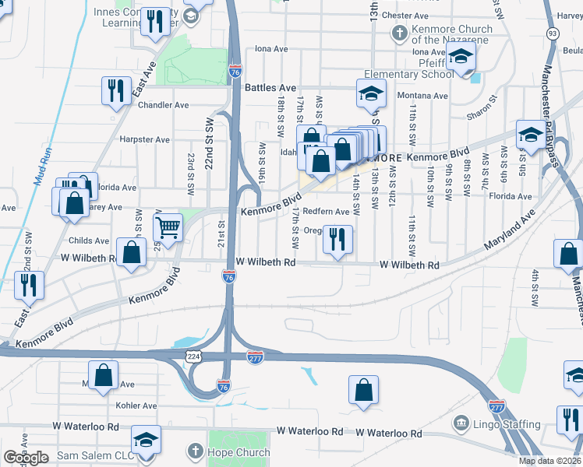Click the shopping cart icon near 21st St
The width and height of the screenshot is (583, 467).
tap(168, 227)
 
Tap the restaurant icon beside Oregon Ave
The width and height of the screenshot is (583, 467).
tap(337, 239)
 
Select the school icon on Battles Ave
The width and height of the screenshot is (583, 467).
tap(372, 93)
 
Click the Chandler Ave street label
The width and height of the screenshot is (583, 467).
tap(164, 105)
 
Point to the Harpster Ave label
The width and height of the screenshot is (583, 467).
tap(145, 140)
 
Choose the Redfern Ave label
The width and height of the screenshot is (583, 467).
tap(326, 212)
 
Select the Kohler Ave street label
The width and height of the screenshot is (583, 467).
tap(136, 406)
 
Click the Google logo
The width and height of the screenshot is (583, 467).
tap(26, 458)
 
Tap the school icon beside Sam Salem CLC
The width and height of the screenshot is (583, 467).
tap(146, 440)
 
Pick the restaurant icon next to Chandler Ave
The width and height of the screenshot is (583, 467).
tap(116, 90)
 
